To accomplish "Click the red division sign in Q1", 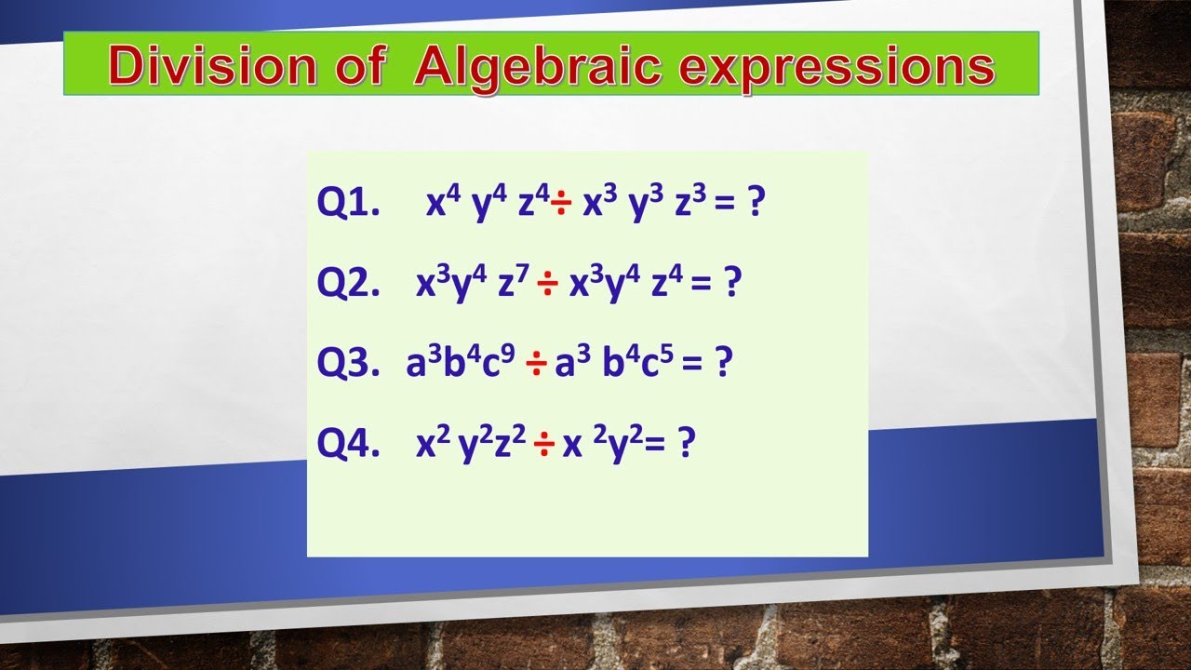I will (x=561, y=204).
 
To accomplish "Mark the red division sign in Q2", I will (x=547, y=285).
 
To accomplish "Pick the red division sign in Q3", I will (x=536, y=365).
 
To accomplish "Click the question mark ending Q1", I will (x=755, y=203).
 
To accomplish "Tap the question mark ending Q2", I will (x=731, y=283).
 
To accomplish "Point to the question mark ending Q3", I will (x=722, y=363).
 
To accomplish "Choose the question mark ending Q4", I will (x=686, y=444).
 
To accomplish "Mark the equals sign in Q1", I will (x=724, y=205).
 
